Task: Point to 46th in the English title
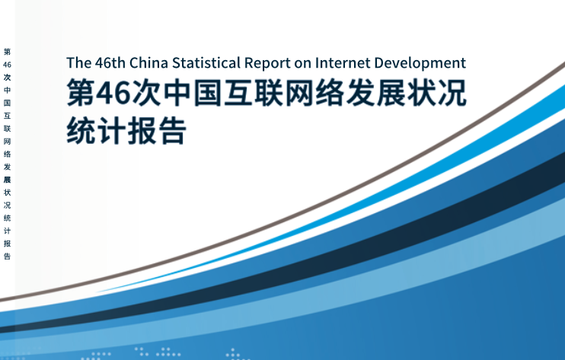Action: (110, 63)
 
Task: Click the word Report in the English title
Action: (267, 64)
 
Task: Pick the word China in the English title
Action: (148, 63)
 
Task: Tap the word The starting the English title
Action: (78, 63)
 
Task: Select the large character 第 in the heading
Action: (81, 93)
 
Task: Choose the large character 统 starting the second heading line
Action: (81, 130)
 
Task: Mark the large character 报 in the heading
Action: (142, 130)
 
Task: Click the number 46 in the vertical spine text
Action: (7, 65)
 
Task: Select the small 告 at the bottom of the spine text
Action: (7, 256)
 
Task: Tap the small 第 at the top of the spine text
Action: (7, 52)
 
